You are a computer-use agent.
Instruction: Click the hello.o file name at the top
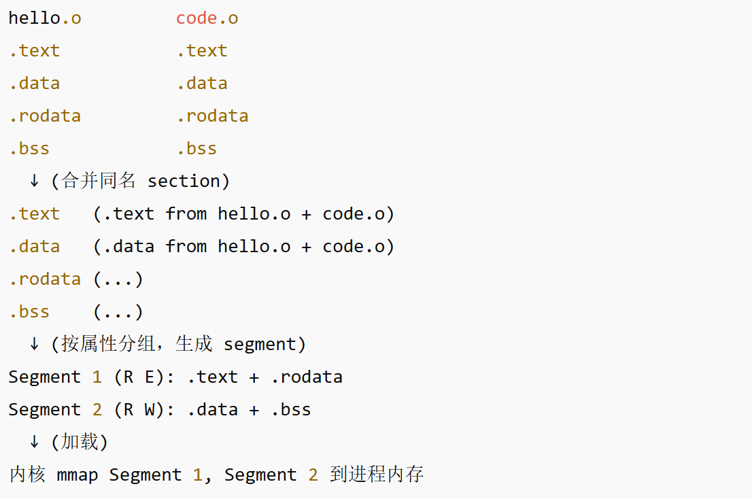pyautogui.click(x=45, y=18)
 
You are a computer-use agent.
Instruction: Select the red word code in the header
pyautogui.click(x=196, y=18)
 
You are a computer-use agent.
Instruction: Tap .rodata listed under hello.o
pyautogui.click(x=45, y=116)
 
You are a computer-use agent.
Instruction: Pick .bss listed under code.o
pyautogui.click(x=196, y=149)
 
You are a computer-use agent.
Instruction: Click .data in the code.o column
pyautogui.click(x=202, y=84)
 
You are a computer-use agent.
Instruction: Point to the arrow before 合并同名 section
pyautogui.click(x=34, y=182)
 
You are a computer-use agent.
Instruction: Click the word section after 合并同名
pyautogui.click(x=184, y=182)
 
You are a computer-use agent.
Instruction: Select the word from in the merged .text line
pyautogui.click(x=186, y=214)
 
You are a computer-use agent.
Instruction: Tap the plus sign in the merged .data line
pyautogui.click(x=306, y=247)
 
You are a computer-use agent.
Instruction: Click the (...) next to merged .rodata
pyautogui.click(x=118, y=279)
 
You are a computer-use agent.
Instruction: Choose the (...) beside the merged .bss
pyautogui.click(x=118, y=312)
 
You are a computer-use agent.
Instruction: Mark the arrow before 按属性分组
pyautogui.click(x=34, y=345)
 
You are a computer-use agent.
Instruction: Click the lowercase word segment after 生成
pyautogui.click(x=260, y=345)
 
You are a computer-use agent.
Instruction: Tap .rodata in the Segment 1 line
pyautogui.click(x=307, y=377)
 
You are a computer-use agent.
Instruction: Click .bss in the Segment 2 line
pyautogui.click(x=291, y=410)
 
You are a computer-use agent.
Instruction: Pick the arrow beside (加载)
pyautogui.click(x=34, y=443)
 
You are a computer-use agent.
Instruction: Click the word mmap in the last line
pyautogui.click(x=77, y=475)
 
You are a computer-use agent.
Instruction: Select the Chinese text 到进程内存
pyautogui.click(x=377, y=475)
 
